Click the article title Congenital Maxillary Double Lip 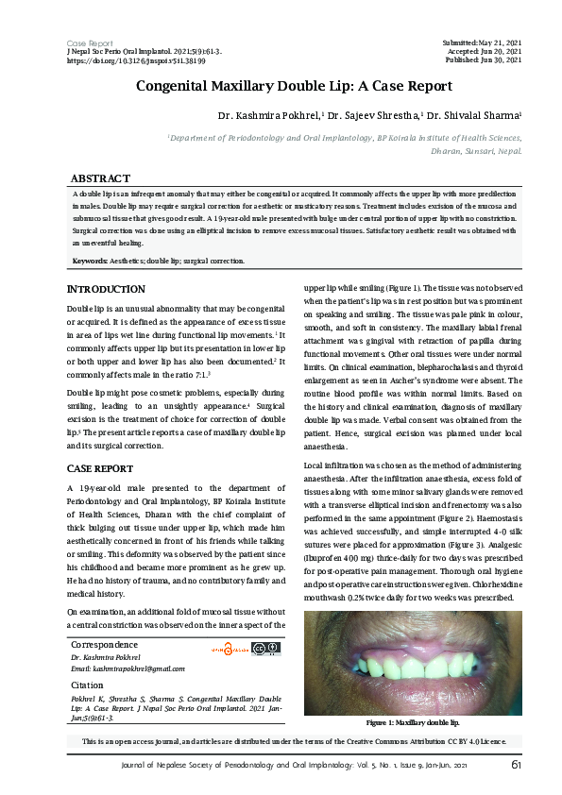294,86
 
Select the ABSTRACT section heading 100,178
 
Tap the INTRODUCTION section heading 106,289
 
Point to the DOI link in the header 137,59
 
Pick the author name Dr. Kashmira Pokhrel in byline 270,115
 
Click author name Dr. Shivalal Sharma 472,115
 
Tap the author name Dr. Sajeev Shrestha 372,115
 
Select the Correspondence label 104,618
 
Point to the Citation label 87,657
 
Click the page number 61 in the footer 517,764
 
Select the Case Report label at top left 90,43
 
